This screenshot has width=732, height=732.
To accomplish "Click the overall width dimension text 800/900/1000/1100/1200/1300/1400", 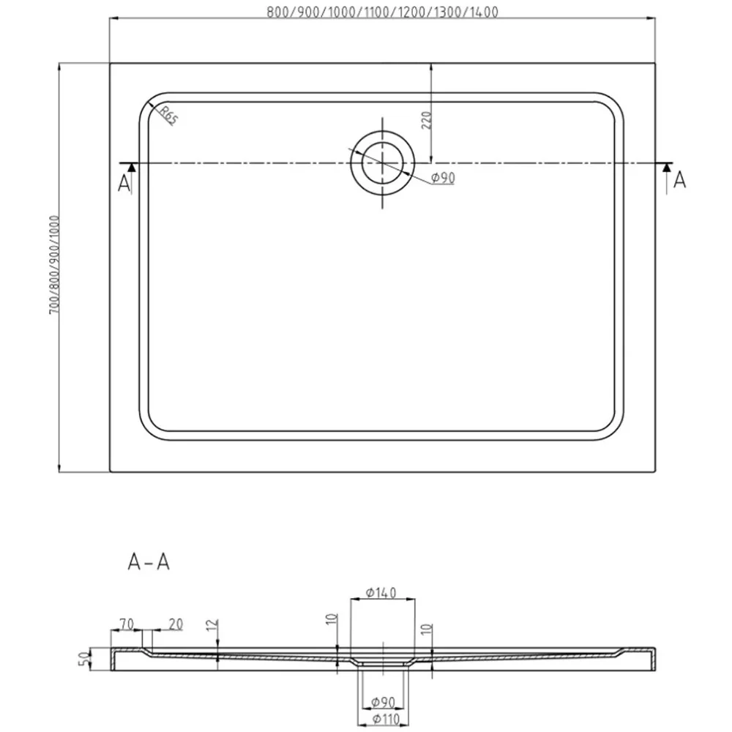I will (x=382, y=11).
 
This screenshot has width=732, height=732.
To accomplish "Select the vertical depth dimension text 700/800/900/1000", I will (x=52, y=265).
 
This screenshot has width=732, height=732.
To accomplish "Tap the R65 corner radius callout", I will (x=168, y=115).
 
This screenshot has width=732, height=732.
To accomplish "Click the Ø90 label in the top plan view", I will (x=442, y=179).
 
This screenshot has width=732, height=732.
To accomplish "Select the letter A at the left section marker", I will (x=124, y=183).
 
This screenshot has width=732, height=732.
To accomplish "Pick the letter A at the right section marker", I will (x=679, y=180).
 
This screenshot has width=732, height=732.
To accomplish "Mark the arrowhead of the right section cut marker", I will (x=667, y=167).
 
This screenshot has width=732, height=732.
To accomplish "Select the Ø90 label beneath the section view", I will (x=383, y=702).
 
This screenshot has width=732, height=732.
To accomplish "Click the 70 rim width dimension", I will (x=126, y=624).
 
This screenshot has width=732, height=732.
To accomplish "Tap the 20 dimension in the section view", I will (x=175, y=624).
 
